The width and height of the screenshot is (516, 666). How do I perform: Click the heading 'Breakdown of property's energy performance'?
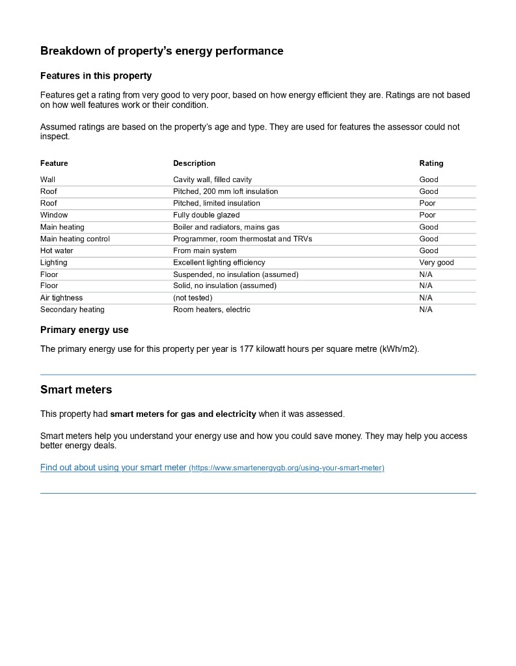pos(161,51)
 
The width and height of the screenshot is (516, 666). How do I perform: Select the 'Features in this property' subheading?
pos(96,76)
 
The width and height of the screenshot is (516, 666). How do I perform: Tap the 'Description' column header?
pos(194,163)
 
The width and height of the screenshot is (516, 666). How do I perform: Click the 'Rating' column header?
pos(431,163)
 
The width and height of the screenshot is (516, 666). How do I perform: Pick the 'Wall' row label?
pos(48,180)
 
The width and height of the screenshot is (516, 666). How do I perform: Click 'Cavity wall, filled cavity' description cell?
pos(212,180)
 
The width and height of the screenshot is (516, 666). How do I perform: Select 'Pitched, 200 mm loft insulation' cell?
pos(225,191)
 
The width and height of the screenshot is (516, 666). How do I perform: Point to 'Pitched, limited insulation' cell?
pos(216,203)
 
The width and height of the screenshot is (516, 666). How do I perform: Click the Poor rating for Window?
pos(428,215)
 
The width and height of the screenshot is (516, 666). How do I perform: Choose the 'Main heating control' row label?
pos(75,239)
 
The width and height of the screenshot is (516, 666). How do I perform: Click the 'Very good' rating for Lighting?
pos(436,262)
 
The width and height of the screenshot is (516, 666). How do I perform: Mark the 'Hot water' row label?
pos(57,250)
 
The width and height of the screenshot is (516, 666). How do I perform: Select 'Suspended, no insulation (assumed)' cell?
pos(236,274)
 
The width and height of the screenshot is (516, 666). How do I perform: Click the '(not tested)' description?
pos(193,298)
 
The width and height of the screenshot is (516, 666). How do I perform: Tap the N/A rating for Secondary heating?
pos(426,310)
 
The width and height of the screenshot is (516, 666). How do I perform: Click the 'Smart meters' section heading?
pos(76,390)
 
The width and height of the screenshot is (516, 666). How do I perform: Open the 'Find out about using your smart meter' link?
pos(113,468)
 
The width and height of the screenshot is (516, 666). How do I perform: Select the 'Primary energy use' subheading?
pos(85,330)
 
